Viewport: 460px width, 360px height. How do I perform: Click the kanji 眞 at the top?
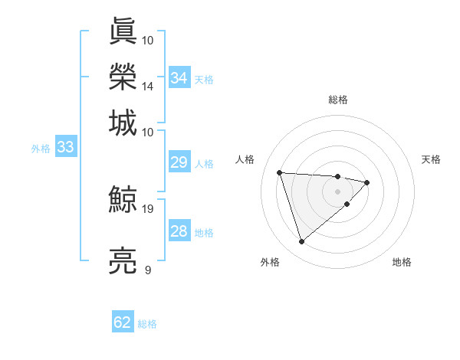tap(123, 31)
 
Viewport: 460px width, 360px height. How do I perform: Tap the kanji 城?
tap(123, 122)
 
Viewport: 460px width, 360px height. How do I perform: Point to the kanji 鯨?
tap(123, 201)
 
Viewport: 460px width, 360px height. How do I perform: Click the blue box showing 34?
tap(179, 78)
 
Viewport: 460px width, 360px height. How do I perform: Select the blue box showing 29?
tap(179, 162)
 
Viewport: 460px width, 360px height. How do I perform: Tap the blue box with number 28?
tap(179, 231)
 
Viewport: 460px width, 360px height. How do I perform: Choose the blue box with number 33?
tap(65, 148)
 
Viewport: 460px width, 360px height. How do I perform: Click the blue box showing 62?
tap(123, 322)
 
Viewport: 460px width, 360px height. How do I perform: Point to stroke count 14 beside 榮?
tap(148, 86)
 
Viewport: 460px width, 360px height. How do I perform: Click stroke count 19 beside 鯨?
tap(148, 208)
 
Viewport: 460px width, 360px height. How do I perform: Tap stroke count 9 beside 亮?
tap(148, 270)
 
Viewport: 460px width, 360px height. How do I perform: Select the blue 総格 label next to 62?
tap(147, 324)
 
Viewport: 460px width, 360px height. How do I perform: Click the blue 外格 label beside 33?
tap(41, 149)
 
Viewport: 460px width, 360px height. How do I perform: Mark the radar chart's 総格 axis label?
tap(338, 100)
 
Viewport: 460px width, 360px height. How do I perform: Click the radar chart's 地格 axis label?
tap(402, 262)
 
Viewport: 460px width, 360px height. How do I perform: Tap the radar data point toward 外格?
tap(301, 242)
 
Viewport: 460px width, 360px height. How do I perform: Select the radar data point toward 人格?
tap(280, 172)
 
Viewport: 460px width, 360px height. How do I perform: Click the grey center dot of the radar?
tap(337, 191)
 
